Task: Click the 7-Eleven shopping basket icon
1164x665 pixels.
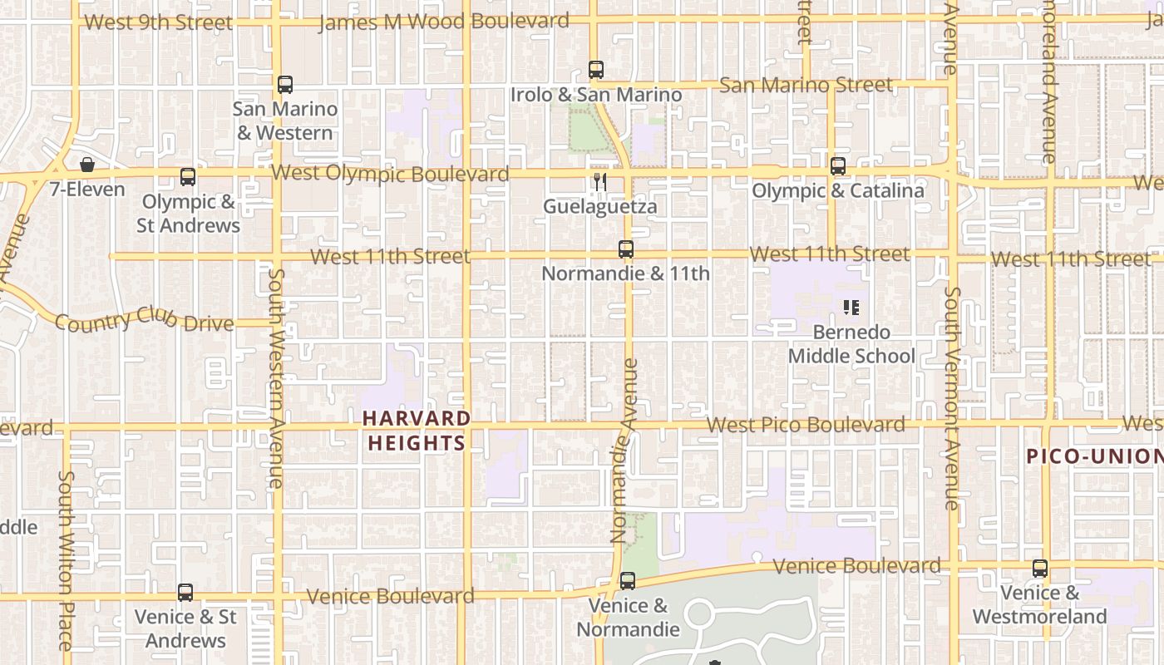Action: [86, 165]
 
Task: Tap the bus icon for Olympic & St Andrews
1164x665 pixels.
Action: [188, 176]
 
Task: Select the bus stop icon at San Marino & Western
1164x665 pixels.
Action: [285, 84]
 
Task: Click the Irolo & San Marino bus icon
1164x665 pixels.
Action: [596, 70]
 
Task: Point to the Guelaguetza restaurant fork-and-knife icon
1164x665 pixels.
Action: [599, 181]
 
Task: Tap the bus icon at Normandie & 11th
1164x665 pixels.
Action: [626, 249]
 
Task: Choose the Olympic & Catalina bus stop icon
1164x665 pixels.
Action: [838, 166]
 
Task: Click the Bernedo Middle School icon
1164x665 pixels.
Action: [851, 308]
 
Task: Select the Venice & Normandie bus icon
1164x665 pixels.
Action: [628, 580]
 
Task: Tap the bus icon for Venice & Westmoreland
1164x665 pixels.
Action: [1040, 569]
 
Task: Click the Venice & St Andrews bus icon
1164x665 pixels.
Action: [185, 593]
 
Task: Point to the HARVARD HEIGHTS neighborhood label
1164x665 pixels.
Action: [417, 431]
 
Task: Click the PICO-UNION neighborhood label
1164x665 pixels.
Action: [1094, 456]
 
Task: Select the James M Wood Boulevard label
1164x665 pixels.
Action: [444, 22]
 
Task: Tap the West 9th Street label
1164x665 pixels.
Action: [158, 22]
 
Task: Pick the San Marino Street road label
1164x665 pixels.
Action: [806, 85]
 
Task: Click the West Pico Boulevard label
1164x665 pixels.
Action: [806, 425]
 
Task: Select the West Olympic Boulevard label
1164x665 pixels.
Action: [390, 174]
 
